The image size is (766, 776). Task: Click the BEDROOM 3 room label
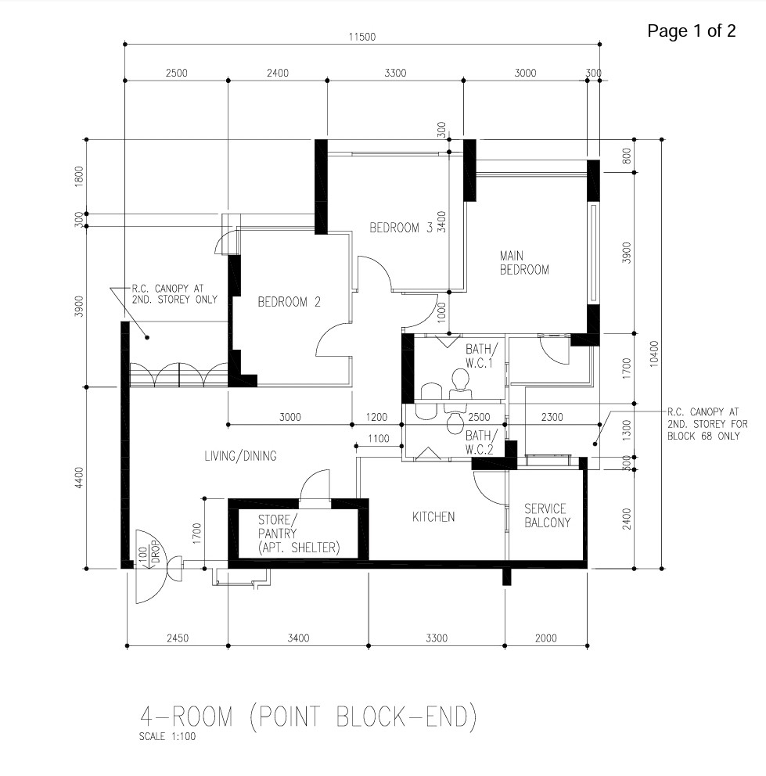coord(401,228)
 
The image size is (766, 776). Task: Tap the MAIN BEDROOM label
coord(524,263)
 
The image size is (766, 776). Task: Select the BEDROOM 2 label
coord(289,302)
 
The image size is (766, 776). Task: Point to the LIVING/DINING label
coord(241,456)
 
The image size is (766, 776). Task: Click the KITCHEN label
coord(433,516)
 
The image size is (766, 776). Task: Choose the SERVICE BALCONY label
coord(547,516)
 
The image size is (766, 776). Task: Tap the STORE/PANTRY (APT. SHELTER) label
coord(299,533)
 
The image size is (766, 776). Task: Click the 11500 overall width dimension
coord(362,37)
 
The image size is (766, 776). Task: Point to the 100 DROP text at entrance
coord(148,555)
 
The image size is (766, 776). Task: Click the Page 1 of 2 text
coord(691,31)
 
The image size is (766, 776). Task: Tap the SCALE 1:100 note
coord(167,736)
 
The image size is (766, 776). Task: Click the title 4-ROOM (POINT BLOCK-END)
coord(309,717)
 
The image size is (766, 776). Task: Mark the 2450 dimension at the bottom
coord(178,638)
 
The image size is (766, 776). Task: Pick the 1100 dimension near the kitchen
coord(378,439)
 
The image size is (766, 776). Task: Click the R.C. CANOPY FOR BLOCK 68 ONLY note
coord(707,424)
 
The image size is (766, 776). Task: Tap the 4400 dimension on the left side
coord(79,478)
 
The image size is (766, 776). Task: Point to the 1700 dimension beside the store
coord(197,533)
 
